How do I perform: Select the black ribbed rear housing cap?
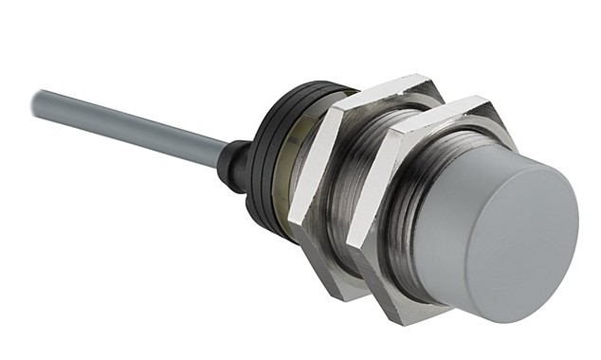267,152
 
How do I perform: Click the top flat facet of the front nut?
446,112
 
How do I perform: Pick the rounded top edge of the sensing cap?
512,152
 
